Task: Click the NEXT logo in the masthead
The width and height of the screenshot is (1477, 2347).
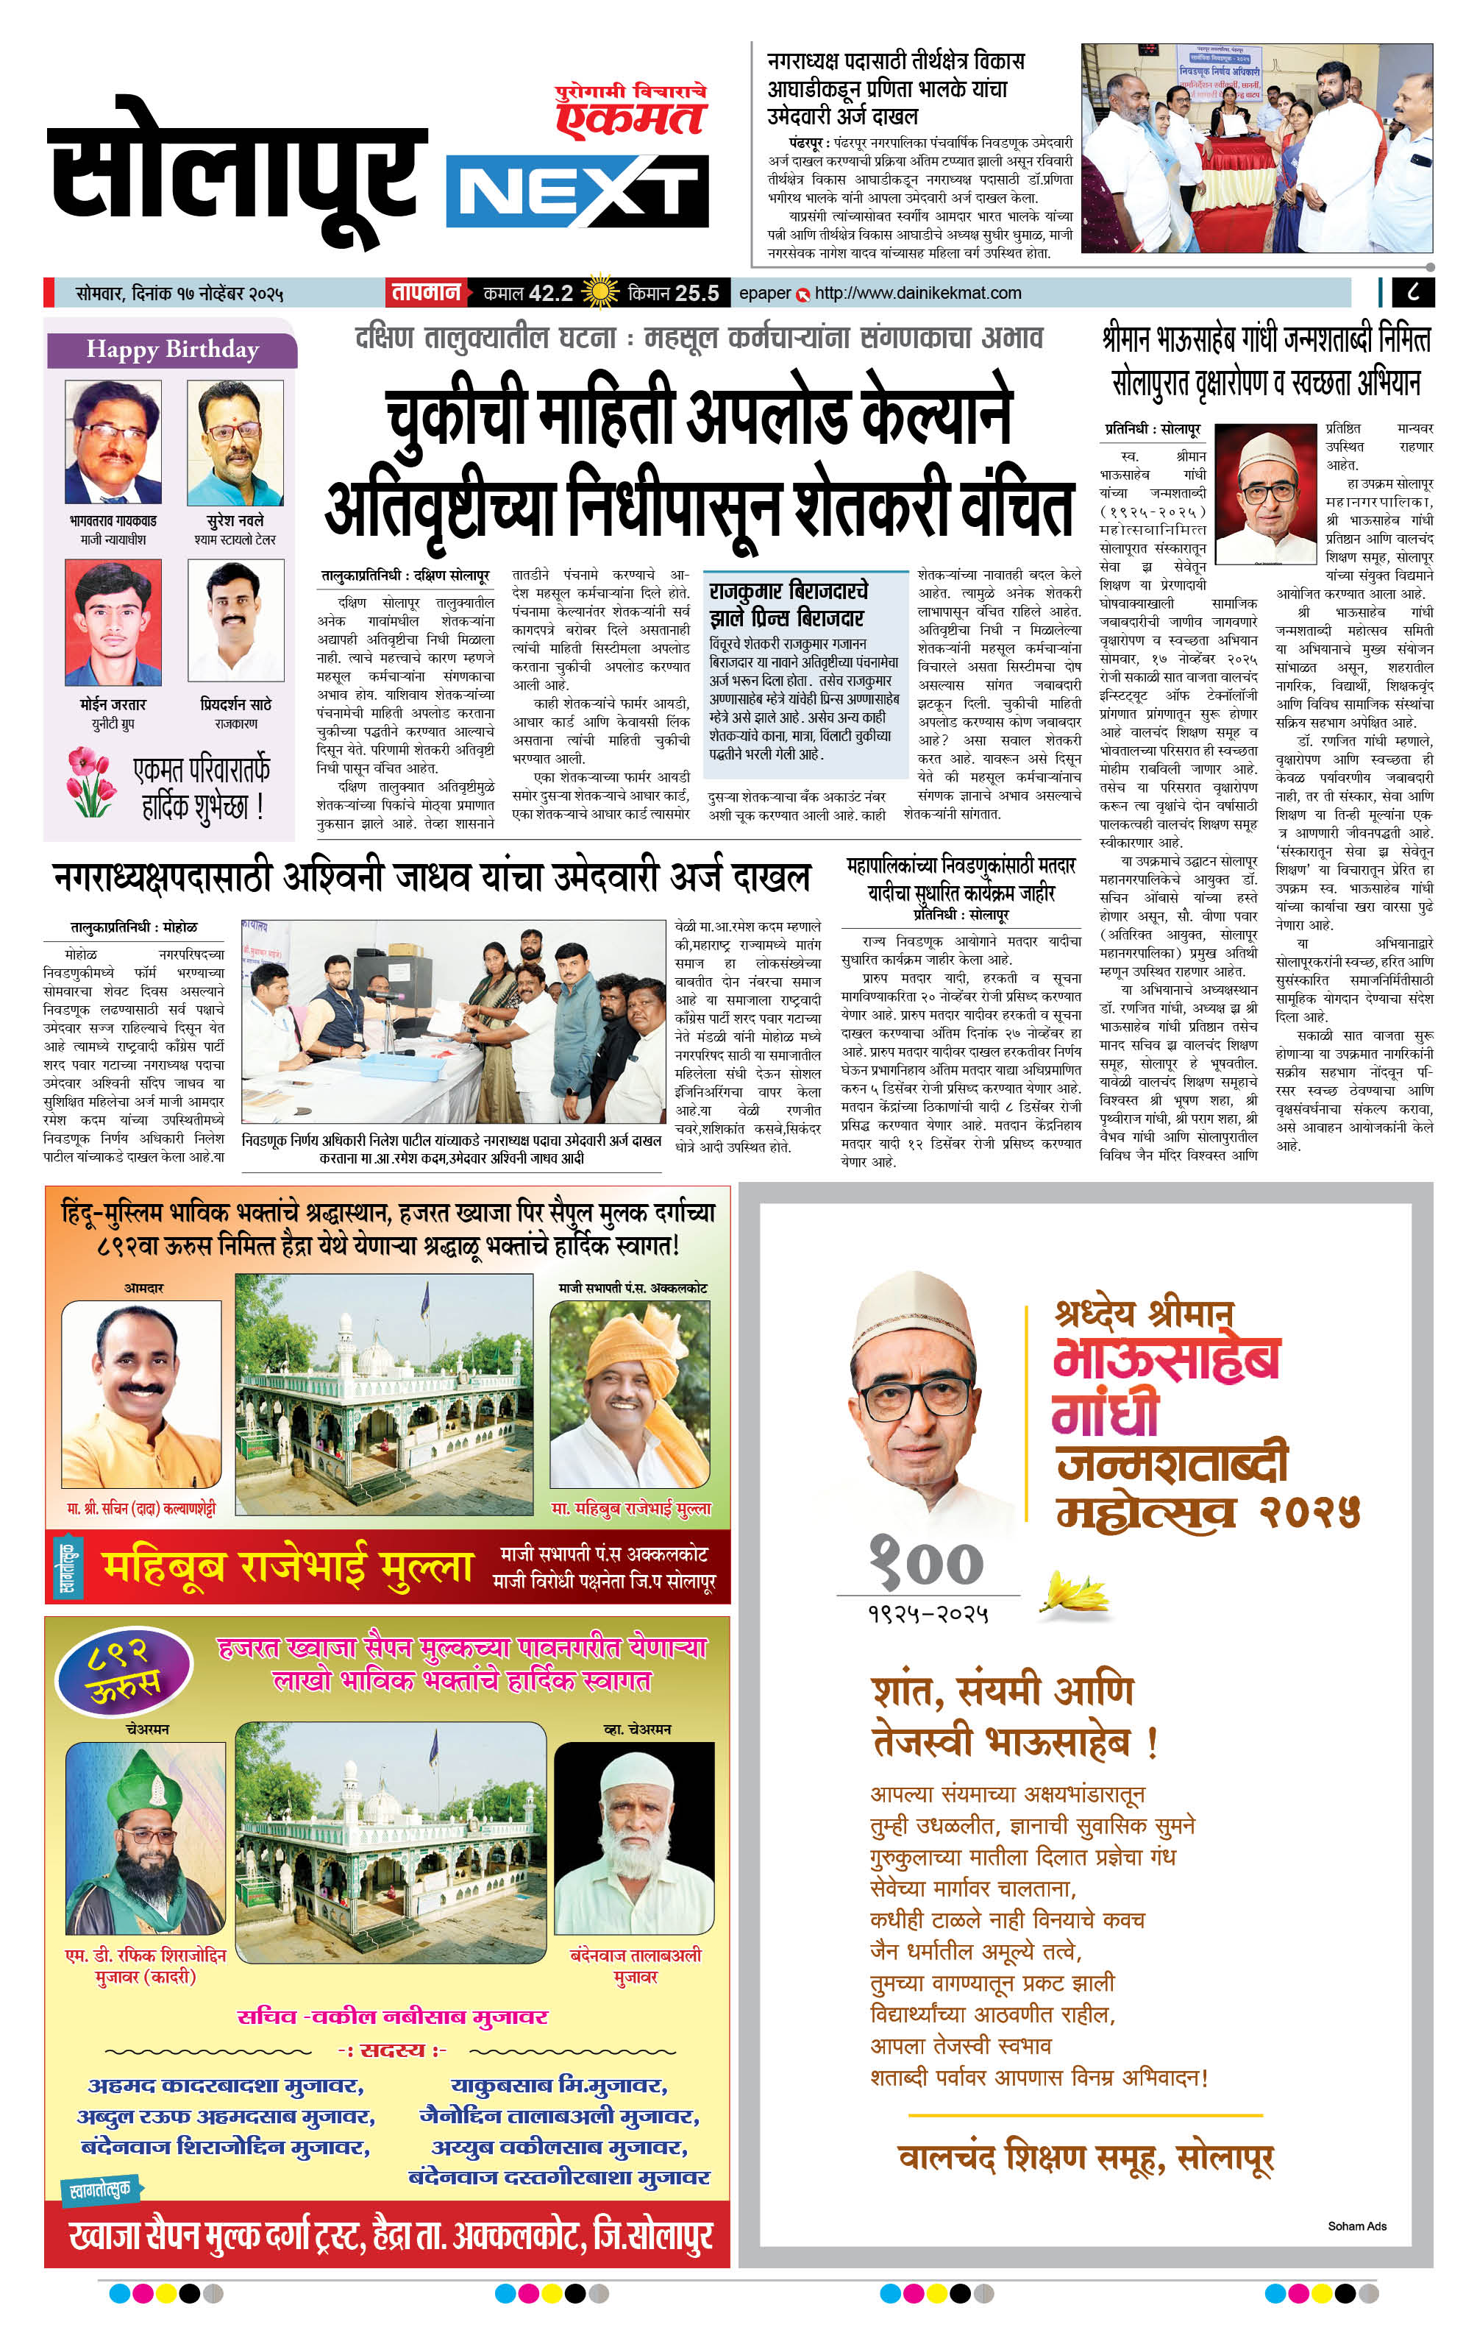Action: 577,191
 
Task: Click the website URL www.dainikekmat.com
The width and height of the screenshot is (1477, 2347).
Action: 918,292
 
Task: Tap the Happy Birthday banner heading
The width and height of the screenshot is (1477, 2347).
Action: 171,350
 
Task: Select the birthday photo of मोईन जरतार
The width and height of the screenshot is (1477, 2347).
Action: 113,623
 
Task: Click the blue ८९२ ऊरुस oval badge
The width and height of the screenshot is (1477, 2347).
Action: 124,1671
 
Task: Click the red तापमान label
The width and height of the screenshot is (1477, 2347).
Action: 426,292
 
